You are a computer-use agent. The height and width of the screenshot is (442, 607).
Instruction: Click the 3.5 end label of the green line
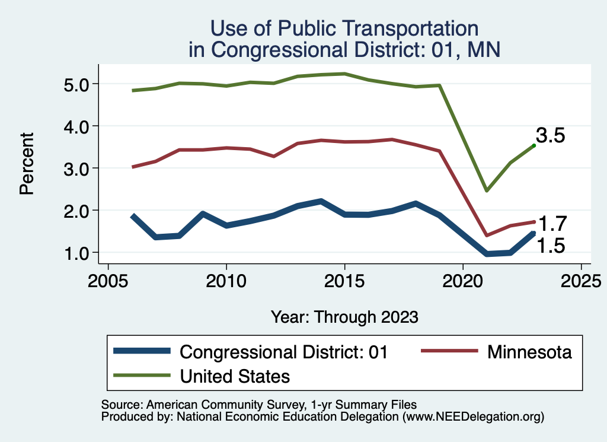click(550, 136)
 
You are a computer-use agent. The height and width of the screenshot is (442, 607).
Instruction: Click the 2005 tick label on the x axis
click(108, 280)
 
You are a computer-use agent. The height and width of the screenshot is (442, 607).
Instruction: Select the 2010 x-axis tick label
click(226, 280)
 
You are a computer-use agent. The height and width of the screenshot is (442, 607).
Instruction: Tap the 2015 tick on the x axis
click(344, 280)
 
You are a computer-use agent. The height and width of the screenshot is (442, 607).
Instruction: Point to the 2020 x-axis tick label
click(462, 280)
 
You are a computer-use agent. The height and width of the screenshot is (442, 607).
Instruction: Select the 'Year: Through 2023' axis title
click(344, 317)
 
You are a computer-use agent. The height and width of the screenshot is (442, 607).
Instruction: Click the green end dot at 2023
click(534, 145)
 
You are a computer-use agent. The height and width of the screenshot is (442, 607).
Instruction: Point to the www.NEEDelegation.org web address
click(472, 416)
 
